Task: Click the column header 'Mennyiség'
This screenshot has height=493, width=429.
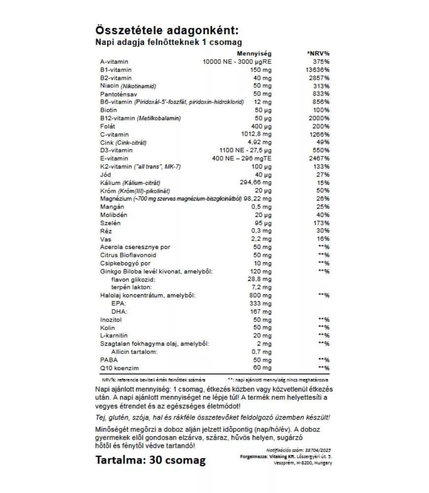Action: click(254, 53)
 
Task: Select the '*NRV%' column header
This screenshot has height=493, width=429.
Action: click(318, 53)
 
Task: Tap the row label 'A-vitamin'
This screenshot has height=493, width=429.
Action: click(114, 62)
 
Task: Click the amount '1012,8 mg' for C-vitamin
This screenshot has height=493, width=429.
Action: click(254, 134)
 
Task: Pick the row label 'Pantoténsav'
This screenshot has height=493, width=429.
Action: click(118, 94)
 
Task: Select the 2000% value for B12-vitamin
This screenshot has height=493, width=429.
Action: click(320, 118)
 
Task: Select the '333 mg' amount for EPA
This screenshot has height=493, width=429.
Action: click(261, 303)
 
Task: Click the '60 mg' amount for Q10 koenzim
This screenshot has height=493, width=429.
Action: click(263, 368)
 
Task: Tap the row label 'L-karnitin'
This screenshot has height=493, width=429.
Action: click(114, 335)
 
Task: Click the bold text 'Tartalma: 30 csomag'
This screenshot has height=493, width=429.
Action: click(150, 460)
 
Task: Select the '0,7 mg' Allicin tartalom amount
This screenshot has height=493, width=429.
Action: click(261, 352)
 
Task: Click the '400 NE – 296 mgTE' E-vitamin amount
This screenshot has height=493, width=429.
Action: click(241, 158)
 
